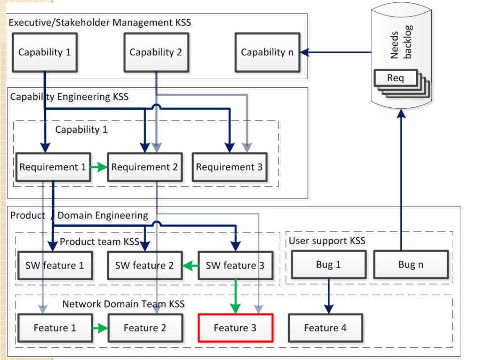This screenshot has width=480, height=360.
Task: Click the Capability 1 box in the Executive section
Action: tap(45, 52)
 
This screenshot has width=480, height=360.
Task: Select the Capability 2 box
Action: tap(156, 52)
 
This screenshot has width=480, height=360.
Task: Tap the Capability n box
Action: tap(267, 52)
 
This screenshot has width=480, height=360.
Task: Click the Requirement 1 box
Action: tap(53, 167)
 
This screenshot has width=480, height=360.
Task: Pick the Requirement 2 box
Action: tap(145, 167)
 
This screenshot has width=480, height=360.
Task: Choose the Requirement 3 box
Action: tap(230, 167)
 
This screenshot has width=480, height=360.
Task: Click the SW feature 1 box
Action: tap(55, 266)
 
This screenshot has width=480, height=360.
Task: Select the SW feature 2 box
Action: tap(145, 266)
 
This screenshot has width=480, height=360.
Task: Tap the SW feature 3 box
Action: tap(235, 266)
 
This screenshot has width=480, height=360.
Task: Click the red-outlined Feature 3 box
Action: tap(235, 328)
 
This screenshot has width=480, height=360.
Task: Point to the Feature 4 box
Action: tap(325, 328)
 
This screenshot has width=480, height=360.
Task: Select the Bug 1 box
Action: tap(329, 264)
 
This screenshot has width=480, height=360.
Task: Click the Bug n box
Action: tap(411, 264)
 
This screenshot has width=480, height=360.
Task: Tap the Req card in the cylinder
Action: tap(396, 78)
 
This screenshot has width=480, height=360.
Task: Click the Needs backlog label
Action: tap(401, 42)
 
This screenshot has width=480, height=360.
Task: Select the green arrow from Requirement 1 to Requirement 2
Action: tap(98, 167)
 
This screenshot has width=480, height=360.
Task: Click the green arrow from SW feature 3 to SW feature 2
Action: tap(190, 266)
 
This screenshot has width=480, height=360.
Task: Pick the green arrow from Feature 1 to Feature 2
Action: tap(100, 328)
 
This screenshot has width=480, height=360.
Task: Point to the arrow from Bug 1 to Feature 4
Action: tap(329, 296)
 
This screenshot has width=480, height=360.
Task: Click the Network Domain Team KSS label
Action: tap(123, 304)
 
